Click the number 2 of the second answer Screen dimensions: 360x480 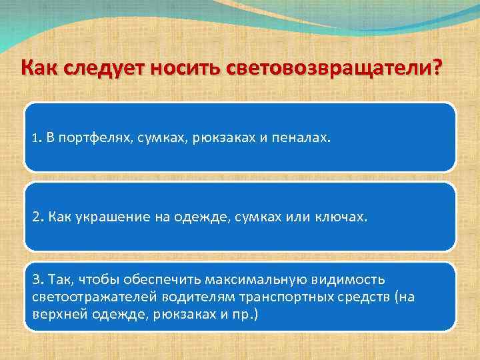point(35,217)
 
